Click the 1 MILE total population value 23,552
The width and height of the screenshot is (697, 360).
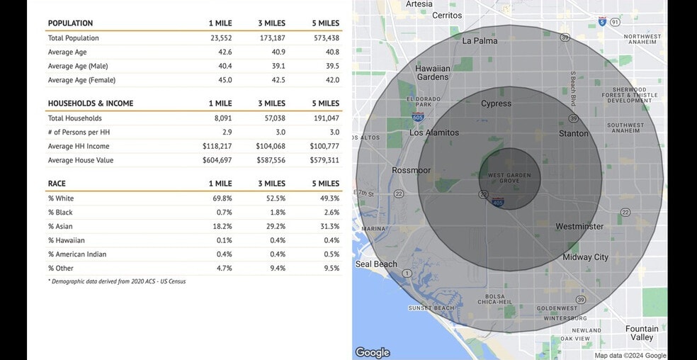coord(221,38)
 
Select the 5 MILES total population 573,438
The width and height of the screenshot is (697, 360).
coord(326,38)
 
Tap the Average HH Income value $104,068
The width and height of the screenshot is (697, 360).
coord(271,147)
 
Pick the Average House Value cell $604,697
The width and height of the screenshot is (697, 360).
coord(217,161)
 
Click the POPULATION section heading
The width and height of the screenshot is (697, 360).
coord(70,23)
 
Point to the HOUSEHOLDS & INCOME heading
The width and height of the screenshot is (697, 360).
coord(90,103)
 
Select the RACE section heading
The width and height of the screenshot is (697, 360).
coord(57,184)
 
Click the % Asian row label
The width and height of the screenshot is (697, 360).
coord(61,227)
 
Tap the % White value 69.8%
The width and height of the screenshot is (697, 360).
coord(222,198)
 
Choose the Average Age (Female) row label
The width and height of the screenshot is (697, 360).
coord(81,80)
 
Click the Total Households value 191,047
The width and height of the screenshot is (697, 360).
coord(326,118)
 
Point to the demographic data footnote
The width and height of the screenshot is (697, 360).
coord(117,281)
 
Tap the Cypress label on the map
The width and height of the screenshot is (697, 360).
coord(496,103)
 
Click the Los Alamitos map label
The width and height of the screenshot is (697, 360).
coord(434,133)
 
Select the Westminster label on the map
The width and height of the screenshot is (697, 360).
coord(579,227)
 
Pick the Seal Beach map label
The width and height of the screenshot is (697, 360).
coord(376,264)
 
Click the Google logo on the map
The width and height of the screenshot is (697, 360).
coord(372,352)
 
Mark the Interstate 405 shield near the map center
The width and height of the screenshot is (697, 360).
coord(497,202)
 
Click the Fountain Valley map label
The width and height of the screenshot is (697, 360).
coord(642,333)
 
